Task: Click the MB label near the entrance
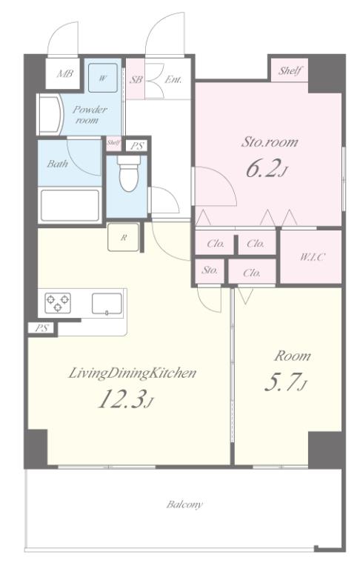[65, 74]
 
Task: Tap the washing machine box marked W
[103, 78]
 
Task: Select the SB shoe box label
[136, 79]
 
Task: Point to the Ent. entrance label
[173, 79]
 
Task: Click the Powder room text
[89, 114]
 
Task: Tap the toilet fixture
[128, 173]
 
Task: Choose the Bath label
[57, 164]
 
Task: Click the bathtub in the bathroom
[70, 205]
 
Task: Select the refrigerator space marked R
[124, 237]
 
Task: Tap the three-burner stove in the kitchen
[58, 302]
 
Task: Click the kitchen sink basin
[107, 303]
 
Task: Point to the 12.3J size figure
[126, 399]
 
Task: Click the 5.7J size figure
[287, 382]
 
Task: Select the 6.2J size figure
[267, 168]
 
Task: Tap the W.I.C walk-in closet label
[312, 257]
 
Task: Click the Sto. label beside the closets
[210, 270]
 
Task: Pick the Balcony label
[184, 504]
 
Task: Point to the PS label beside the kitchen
[42, 328]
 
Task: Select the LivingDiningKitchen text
[132, 373]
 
